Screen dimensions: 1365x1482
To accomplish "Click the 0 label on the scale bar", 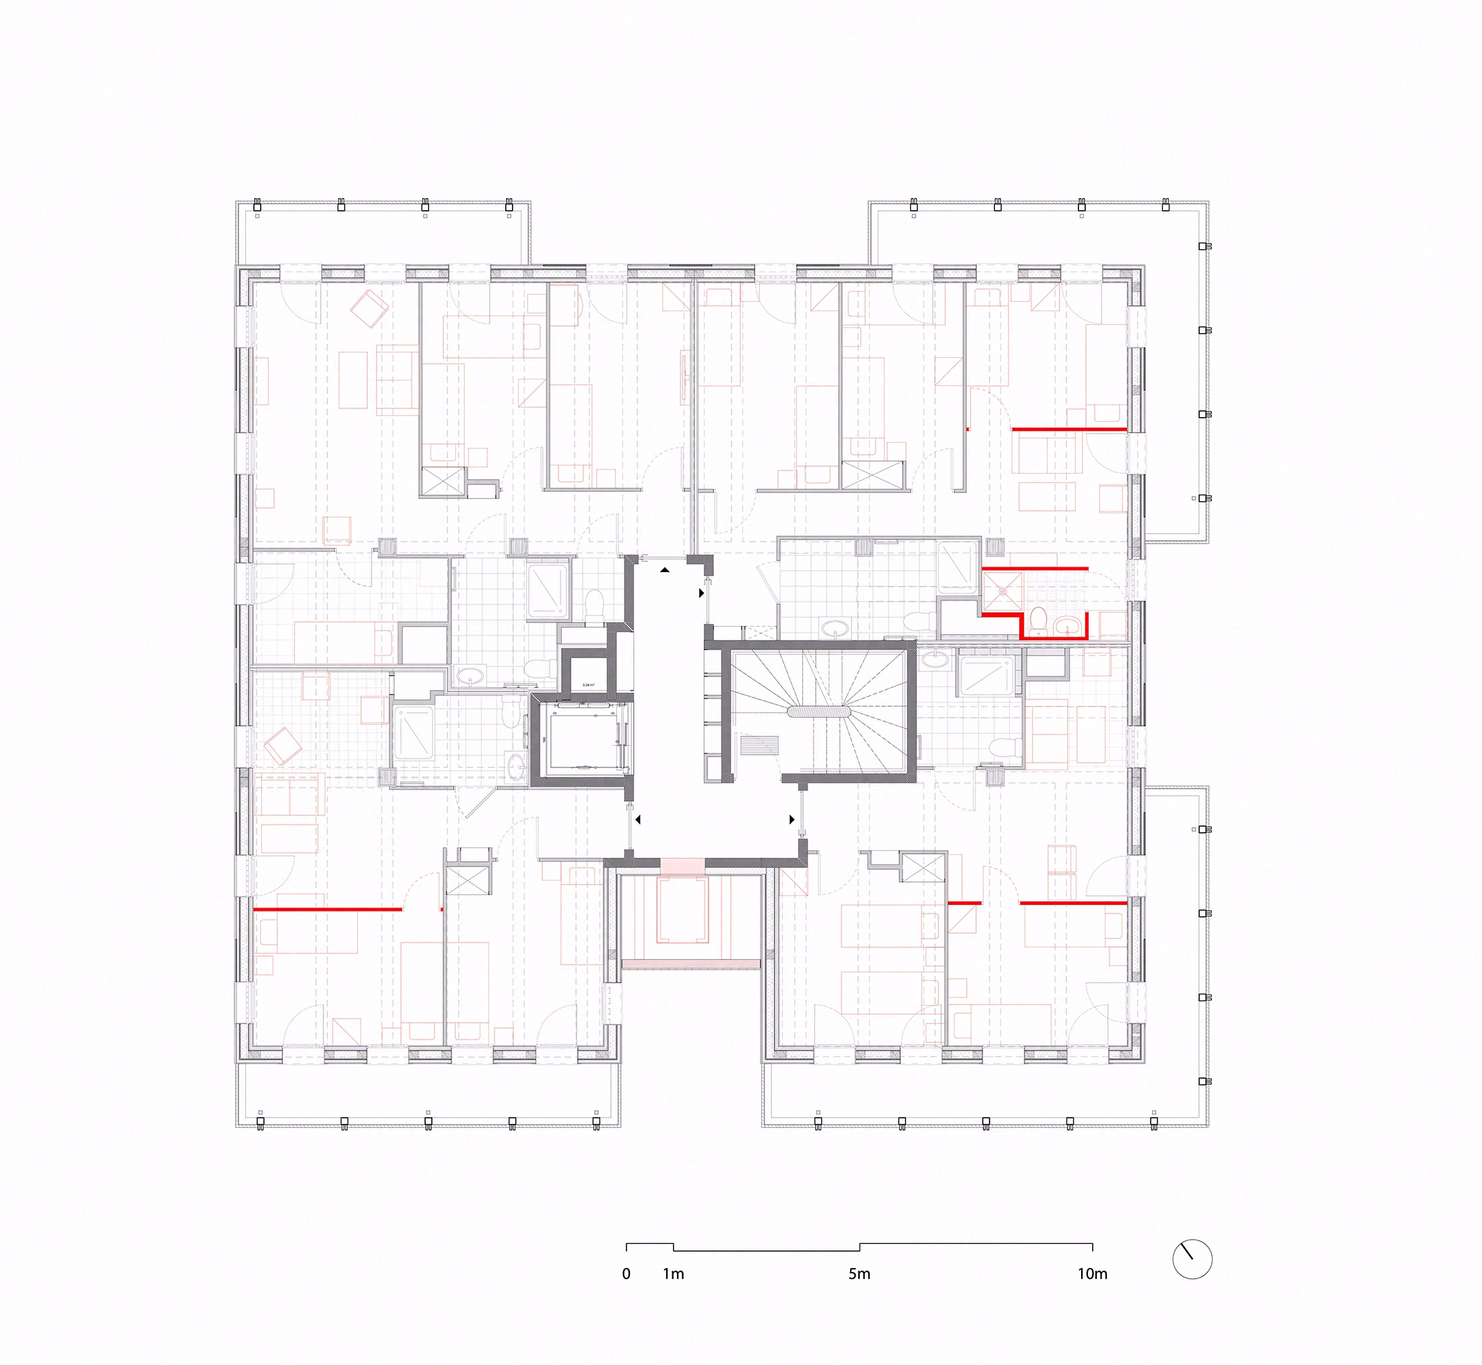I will pyautogui.click(x=626, y=1273).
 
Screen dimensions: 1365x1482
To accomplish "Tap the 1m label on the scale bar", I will pyautogui.click(x=674, y=1273).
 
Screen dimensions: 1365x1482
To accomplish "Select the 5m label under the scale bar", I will pyautogui.click(x=860, y=1273).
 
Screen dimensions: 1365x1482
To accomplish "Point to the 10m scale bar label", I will pyautogui.click(x=1092, y=1273).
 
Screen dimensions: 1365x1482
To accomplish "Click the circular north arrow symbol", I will pyautogui.click(x=1192, y=1259).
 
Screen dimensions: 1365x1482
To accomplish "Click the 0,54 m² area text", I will pyautogui.click(x=589, y=685).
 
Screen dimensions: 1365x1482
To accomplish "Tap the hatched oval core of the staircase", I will pyautogui.click(x=819, y=712).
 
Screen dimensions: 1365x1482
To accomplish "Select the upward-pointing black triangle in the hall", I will pyautogui.click(x=666, y=570).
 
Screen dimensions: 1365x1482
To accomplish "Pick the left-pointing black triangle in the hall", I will pyautogui.click(x=638, y=820).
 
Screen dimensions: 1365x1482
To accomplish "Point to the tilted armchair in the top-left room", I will pyautogui.click(x=369, y=309).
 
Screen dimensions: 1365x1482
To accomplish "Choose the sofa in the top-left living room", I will pyautogui.click(x=397, y=379).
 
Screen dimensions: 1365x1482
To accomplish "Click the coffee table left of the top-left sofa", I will pyautogui.click(x=353, y=380).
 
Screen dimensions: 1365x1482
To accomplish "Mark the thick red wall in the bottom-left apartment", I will pyautogui.click(x=328, y=908).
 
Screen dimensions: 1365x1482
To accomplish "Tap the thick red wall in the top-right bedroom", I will pyautogui.click(x=1069, y=428).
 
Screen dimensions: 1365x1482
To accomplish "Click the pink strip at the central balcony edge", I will pyautogui.click(x=690, y=964).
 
